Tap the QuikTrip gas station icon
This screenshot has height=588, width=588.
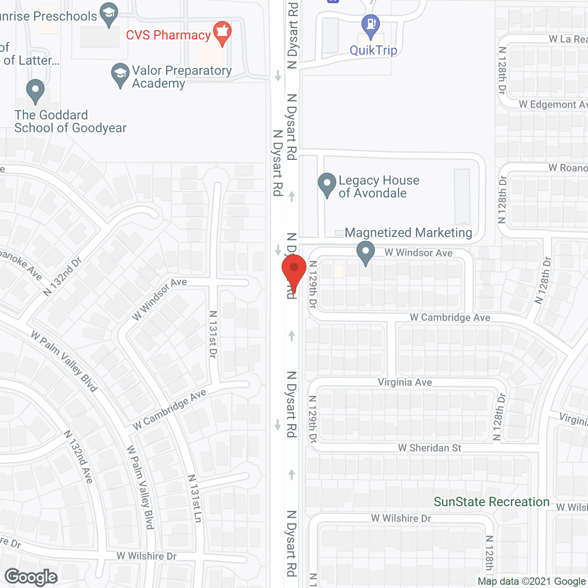pyautogui.click(x=370, y=25)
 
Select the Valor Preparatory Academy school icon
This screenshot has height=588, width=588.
pyautogui.click(x=120, y=74)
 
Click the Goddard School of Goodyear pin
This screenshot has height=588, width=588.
pyautogui.click(x=35, y=90)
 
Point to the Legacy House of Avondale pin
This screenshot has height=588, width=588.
pyautogui.click(x=327, y=184)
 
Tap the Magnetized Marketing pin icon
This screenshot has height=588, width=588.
pyautogui.click(x=366, y=252)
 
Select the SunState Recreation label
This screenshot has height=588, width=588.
pyautogui.click(x=492, y=502)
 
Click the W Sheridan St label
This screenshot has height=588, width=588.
pyautogui.click(x=430, y=448)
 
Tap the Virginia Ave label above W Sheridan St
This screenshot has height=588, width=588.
pyautogui.click(x=405, y=382)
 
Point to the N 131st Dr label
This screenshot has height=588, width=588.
pyautogui.click(x=213, y=334)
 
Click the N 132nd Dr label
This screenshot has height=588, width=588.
pyautogui.click(x=62, y=277)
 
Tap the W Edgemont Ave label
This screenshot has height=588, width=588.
pyautogui.click(x=553, y=105)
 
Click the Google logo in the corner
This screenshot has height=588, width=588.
pyautogui.click(x=31, y=577)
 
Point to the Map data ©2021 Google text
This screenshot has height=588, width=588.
pyautogui.click(x=531, y=582)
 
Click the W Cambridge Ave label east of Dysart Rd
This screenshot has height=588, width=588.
pyautogui.click(x=450, y=317)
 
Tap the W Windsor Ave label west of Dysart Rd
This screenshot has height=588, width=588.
pyautogui.click(x=159, y=299)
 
